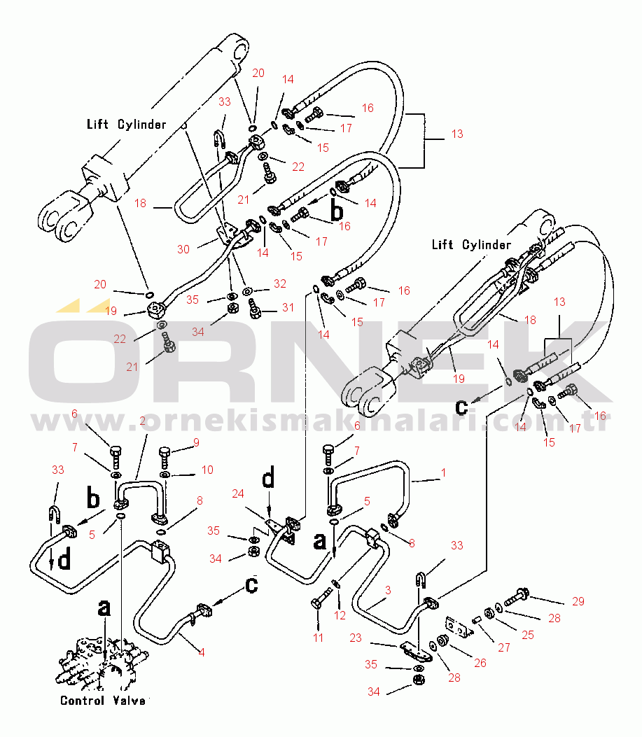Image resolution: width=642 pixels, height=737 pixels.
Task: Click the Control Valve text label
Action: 103,701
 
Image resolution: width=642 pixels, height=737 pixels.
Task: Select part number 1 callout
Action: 443,473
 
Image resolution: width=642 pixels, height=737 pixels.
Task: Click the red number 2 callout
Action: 142,421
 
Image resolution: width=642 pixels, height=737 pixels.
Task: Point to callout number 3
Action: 387,591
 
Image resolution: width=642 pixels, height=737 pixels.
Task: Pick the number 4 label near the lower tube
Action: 202,653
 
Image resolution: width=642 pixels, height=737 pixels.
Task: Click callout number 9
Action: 197,442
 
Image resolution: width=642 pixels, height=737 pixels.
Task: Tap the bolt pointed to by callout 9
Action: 165,456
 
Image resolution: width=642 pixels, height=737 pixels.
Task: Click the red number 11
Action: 319,638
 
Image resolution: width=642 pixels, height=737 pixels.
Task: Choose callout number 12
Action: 340,615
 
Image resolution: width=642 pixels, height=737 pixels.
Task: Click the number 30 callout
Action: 183,249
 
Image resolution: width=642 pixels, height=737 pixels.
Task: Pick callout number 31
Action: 288,307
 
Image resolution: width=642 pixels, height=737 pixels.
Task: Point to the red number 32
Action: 280,284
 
